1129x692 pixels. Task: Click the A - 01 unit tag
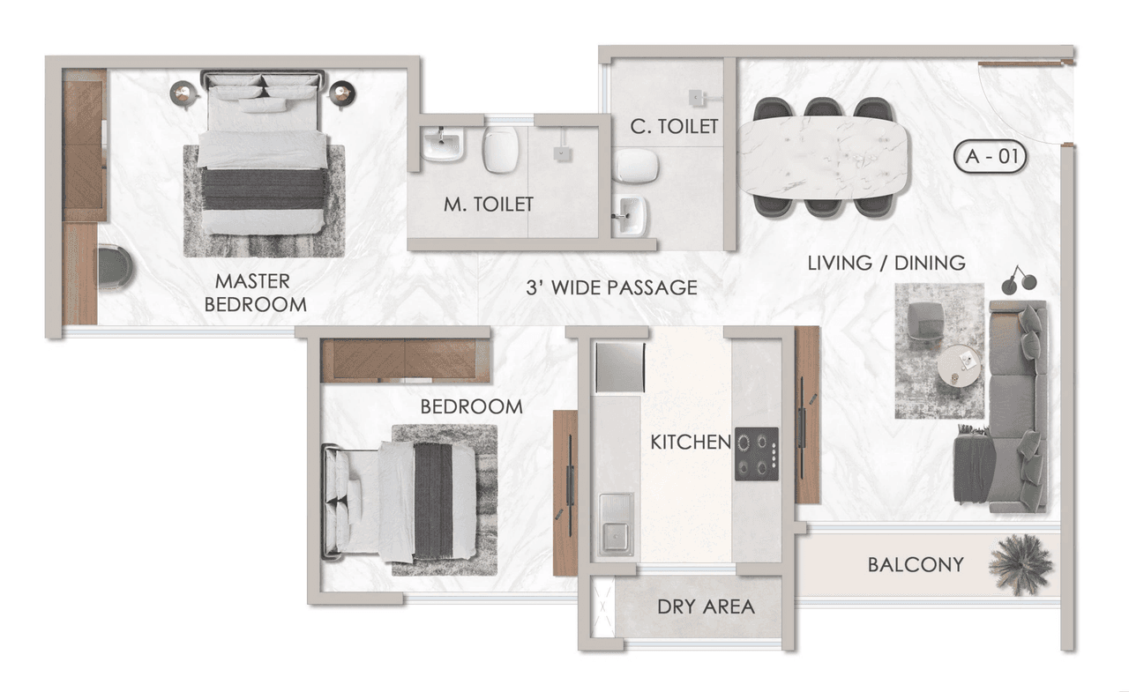point(990,158)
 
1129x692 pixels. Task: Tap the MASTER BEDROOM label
point(253,293)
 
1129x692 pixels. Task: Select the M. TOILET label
point(489,205)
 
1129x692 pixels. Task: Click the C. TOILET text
point(674,127)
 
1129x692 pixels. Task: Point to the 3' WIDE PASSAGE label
point(611,287)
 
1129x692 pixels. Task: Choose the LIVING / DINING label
point(886,263)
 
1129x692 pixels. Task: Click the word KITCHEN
point(691,442)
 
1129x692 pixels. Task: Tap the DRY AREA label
point(706,606)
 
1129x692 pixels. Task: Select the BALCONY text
point(916,564)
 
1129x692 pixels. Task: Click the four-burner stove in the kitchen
point(757,454)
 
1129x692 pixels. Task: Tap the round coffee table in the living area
point(958,364)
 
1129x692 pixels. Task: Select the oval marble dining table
point(822,156)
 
